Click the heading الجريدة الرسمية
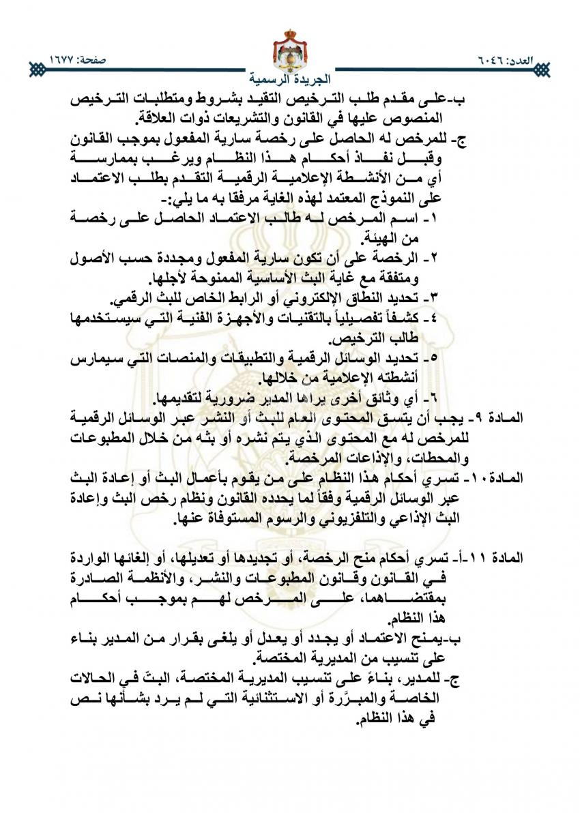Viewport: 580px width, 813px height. (x=290, y=78)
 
